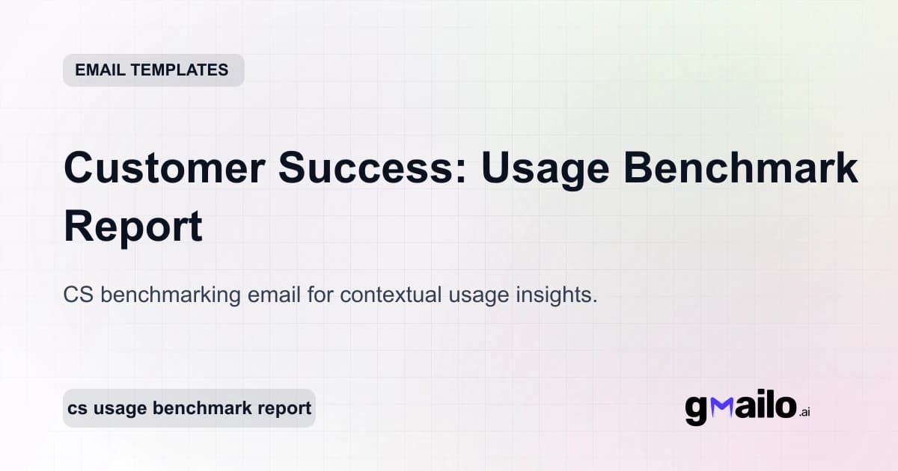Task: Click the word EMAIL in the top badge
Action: (x=100, y=70)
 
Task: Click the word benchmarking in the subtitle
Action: (x=171, y=295)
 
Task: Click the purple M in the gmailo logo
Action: (x=721, y=407)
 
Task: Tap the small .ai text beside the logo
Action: (x=804, y=412)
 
